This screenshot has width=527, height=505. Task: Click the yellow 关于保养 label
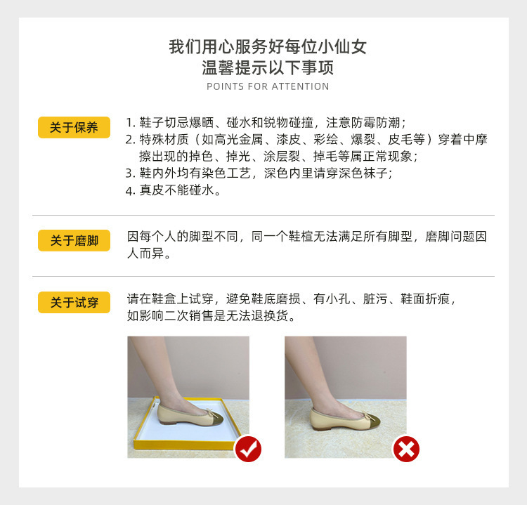[74, 127]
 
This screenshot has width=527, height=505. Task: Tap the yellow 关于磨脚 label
[74, 241]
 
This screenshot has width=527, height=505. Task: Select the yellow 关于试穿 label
[74, 303]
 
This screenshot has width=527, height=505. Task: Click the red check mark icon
[247, 448]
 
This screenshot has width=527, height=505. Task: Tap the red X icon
[405, 449]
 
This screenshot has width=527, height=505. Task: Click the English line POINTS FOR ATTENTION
[268, 86]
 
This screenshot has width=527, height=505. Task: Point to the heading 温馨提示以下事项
[268, 68]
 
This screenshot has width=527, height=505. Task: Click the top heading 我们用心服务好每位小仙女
[268, 47]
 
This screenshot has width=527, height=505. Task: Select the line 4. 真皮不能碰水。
[173, 190]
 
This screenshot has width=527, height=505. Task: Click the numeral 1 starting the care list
[129, 122]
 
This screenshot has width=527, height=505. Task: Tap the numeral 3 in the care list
[129, 173]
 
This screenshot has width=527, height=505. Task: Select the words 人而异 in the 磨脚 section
[148, 254]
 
